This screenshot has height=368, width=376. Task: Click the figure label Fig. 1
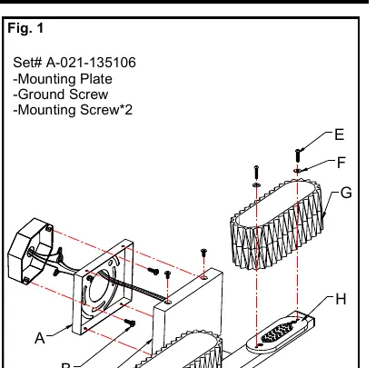[x=25, y=28]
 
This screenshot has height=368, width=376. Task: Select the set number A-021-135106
[x=91, y=63]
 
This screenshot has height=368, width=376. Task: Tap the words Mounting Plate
[x=65, y=79]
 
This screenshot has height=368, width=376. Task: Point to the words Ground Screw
[x=63, y=94]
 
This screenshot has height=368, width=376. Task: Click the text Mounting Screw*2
[x=75, y=110]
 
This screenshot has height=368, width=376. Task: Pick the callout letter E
[x=340, y=134]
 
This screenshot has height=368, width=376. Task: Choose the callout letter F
[x=341, y=163]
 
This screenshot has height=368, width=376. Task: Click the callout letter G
[x=346, y=193]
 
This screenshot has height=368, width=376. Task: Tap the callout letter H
[x=341, y=299]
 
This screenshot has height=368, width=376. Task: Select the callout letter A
[x=40, y=338]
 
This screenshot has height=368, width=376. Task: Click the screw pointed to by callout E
[x=298, y=155]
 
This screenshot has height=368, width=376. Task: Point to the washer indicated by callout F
[x=298, y=171]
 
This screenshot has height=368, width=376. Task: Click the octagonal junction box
[x=30, y=251]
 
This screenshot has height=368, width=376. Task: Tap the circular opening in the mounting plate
[x=99, y=286]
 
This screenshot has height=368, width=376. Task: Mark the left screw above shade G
[x=256, y=172]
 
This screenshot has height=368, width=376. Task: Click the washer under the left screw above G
[x=256, y=184]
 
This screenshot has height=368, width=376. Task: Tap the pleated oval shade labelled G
[x=277, y=224]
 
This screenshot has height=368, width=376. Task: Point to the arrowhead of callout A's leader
[x=71, y=326]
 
